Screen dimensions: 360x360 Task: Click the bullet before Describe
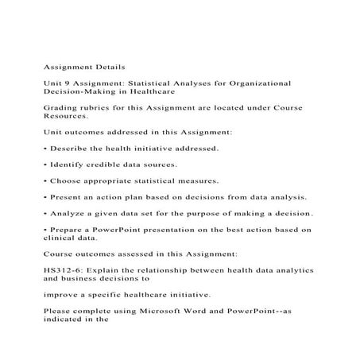tap(46, 149)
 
